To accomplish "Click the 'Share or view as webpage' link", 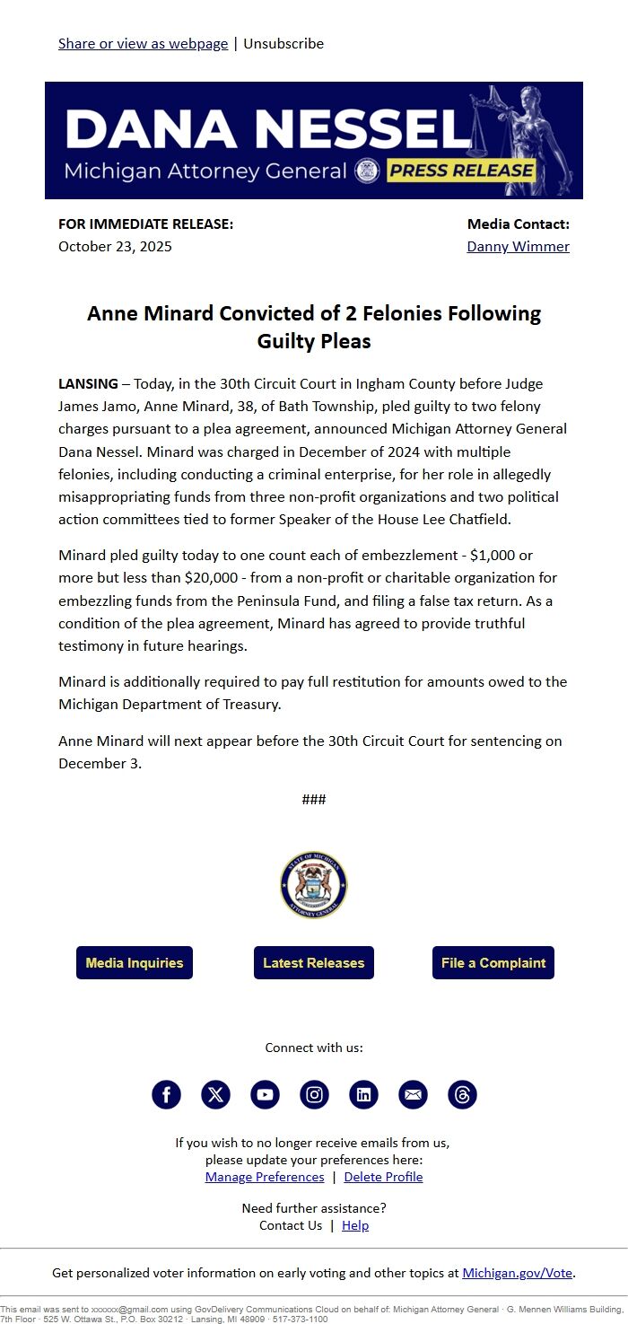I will (143, 43).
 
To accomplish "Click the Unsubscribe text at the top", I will (283, 43).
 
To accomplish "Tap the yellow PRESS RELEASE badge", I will (461, 171).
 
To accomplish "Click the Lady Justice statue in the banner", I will (525, 135).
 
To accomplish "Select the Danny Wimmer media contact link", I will (518, 246).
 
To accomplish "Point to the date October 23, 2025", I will (115, 246).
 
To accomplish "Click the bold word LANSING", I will (88, 383).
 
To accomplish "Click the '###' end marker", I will (314, 800).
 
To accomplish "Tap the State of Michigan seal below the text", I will (313, 885).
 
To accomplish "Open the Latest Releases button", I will (313, 962).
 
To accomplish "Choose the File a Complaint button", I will (493, 962).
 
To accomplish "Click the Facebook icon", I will (166, 1094).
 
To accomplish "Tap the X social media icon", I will (215, 1094).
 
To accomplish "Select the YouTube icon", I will (265, 1094).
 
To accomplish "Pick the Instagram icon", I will (314, 1094).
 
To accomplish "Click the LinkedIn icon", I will (363, 1094).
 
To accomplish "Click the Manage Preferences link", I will (265, 1177).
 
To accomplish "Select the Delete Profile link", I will (383, 1177).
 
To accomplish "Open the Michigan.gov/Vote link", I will (518, 1273).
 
